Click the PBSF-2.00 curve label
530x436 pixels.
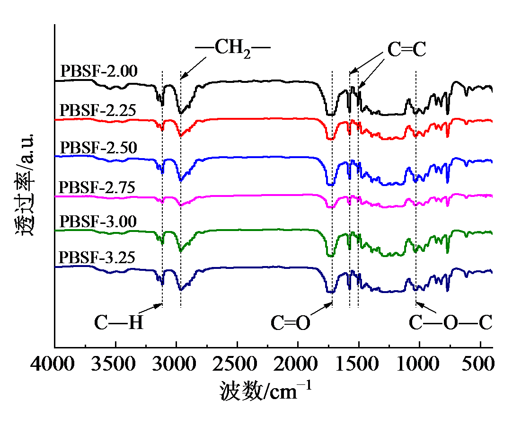coord(99,71)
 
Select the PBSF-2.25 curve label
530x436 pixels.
coord(99,110)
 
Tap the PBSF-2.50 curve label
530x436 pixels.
coord(99,148)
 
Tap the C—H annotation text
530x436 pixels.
coord(118,323)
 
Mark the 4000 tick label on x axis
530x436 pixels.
coord(55,365)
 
